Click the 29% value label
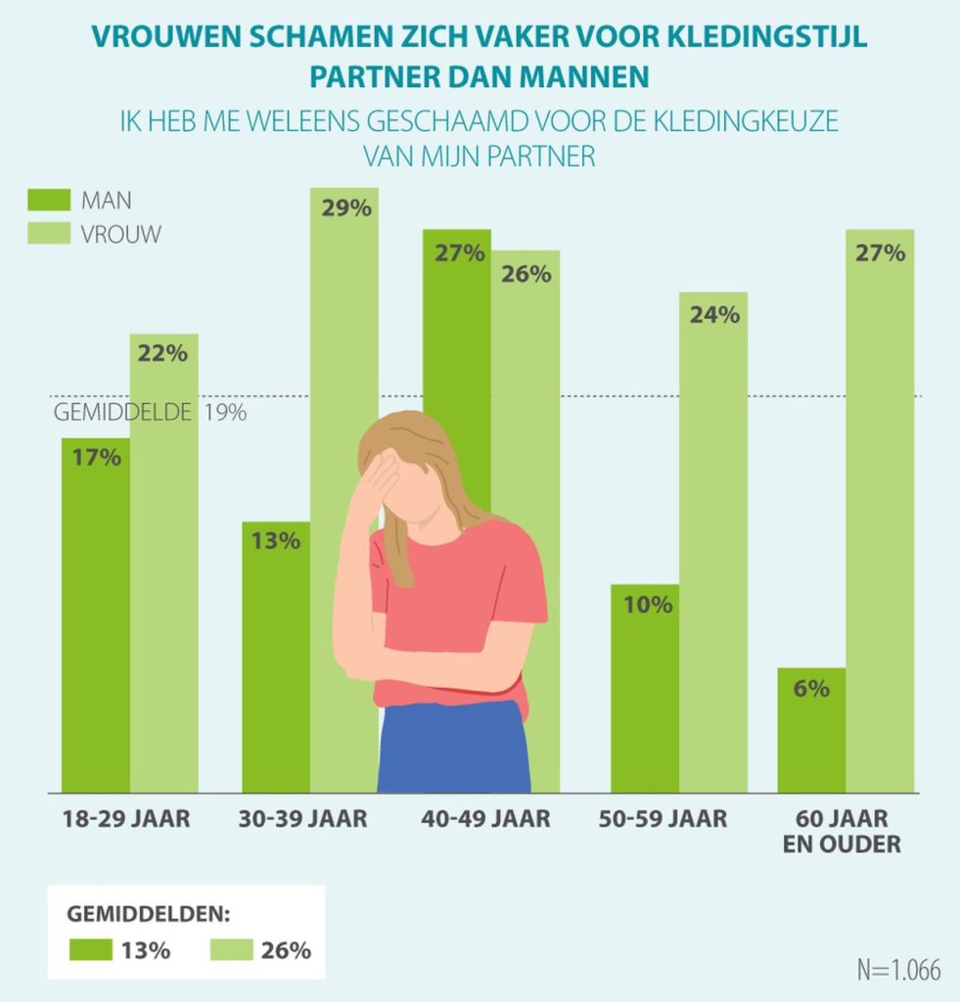344,208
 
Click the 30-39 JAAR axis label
302,819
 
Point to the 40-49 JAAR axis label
485,819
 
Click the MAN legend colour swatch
48,200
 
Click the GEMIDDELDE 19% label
149,412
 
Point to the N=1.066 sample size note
897,970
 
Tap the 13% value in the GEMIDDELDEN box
146,949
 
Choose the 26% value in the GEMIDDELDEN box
286,949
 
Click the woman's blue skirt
453,749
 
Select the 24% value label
712,315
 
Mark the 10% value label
647,605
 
